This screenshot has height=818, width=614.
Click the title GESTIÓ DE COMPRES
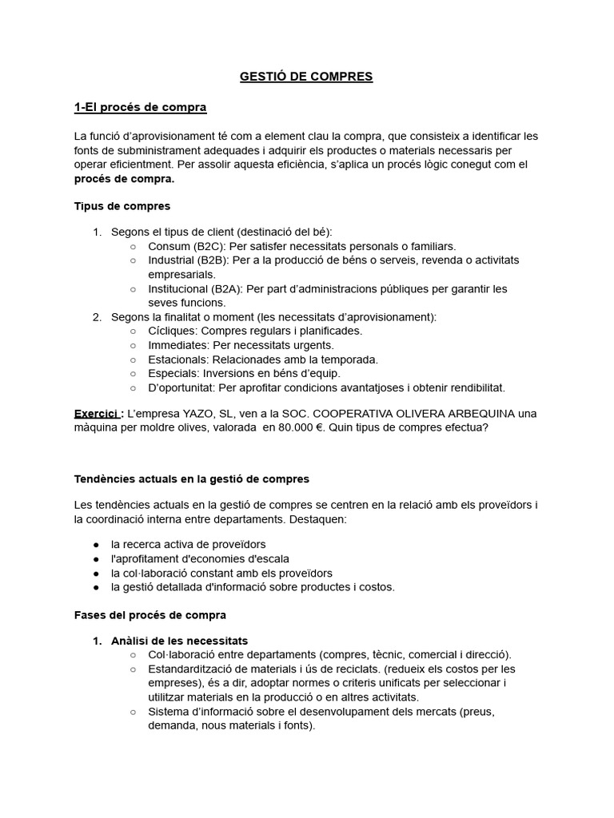tap(306, 77)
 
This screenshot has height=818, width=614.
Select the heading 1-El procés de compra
tap(140, 107)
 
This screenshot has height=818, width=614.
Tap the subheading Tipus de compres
tap(122, 206)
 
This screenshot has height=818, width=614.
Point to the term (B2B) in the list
tap(210, 260)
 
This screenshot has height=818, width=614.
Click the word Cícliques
tap(172, 331)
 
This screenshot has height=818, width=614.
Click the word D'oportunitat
tap(181, 387)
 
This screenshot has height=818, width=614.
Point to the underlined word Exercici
tap(95, 413)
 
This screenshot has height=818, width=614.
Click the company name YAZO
tap(271, 413)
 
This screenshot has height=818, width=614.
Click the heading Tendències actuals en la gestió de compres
tap(191, 478)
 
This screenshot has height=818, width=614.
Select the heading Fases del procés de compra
tap(150, 615)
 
